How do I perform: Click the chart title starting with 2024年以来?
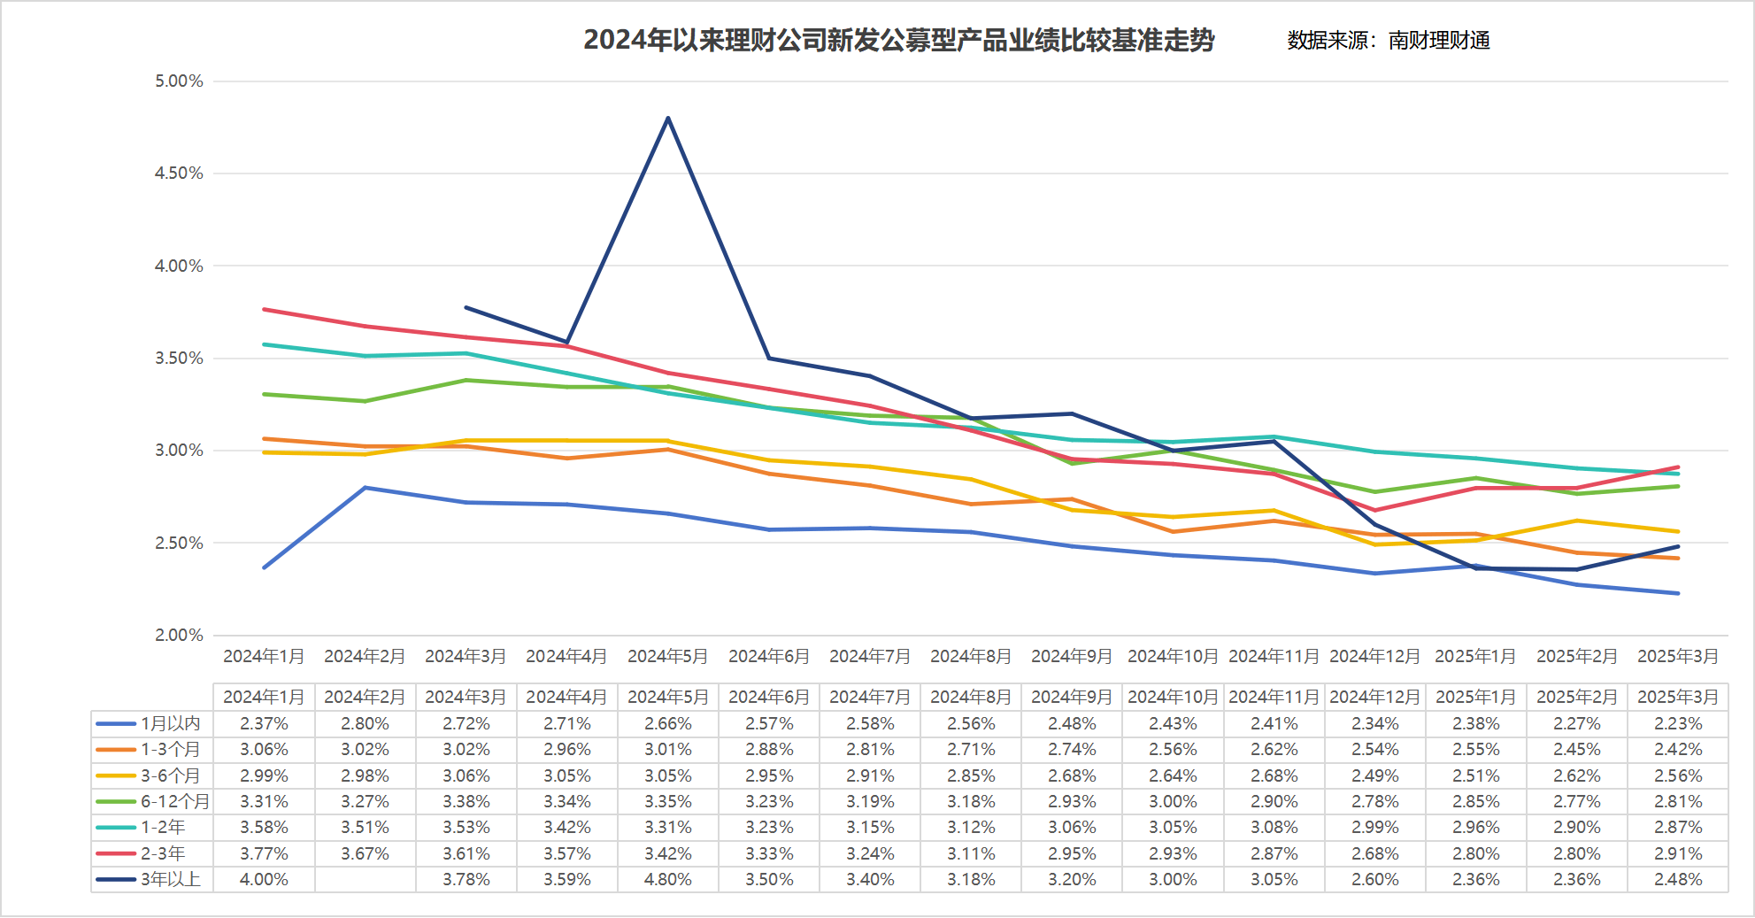(x=898, y=41)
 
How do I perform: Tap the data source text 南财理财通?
(x=1439, y=41)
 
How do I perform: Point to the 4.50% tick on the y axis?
(x=179, y=174)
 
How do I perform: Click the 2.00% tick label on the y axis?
(x=179, y=636)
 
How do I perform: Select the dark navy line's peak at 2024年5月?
(x=668, y=118)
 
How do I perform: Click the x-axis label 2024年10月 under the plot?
(x=1173, y=656)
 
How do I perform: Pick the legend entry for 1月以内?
(x=150, y=723)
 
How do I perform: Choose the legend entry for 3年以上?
(x=150, y=879)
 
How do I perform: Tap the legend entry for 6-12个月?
(x=152, y=801)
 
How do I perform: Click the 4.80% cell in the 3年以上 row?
(x=668, y=879)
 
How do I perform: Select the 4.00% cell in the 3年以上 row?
(x=264, y=879)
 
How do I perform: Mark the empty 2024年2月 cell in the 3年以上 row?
(x=365, y=879)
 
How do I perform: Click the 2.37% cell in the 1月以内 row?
(x=264, y=723)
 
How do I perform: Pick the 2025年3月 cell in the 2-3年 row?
(x=1678, y=853)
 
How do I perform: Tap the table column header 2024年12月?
(x=1374, y=697)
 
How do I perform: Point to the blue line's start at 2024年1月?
(x=265, y=567)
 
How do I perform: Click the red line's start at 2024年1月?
(x=265, y=309)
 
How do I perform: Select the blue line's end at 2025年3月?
(x=1678, y=593)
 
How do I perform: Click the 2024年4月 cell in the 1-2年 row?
(x=567, y=827)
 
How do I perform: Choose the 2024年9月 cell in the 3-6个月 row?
(x=1072, y=775)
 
